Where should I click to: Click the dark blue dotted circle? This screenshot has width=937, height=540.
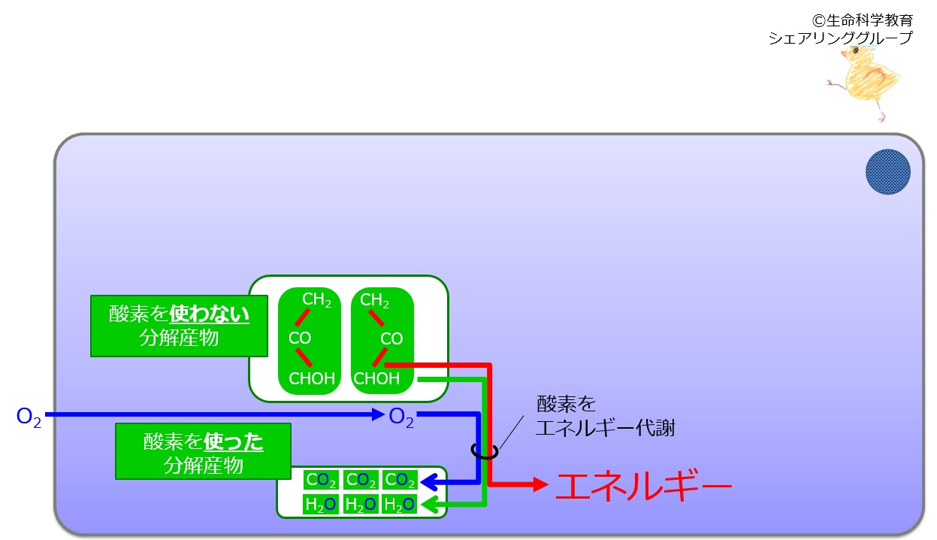coord(887,171)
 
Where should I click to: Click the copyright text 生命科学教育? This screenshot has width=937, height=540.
coord(869,20)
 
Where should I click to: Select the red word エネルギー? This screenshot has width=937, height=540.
coord(644,485)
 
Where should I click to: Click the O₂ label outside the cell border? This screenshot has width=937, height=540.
coord(29,417)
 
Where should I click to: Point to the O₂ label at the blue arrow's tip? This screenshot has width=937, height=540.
coord(401,417)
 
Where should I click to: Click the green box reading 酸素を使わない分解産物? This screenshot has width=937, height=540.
coord(179,326)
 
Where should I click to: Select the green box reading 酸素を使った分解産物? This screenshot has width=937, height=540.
coord(204,452)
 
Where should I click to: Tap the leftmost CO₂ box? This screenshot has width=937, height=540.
coord(321,480)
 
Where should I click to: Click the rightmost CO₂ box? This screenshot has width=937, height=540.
coord(400,480)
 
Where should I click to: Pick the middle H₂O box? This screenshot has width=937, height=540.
coord(361,504)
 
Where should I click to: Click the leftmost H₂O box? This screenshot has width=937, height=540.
coord(321,504)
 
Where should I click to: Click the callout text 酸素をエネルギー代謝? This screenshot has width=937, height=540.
coord(606,416)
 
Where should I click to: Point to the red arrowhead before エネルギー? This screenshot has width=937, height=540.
coord(541,485)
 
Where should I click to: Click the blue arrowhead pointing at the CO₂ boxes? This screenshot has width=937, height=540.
coord(428,482)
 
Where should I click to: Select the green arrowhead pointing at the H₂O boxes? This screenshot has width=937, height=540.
coord(429,505)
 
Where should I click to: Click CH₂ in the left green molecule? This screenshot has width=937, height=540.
coord(316,300)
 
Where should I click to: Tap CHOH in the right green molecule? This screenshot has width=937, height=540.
coord(376,378)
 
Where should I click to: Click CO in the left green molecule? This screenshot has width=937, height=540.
coord(300,338)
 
